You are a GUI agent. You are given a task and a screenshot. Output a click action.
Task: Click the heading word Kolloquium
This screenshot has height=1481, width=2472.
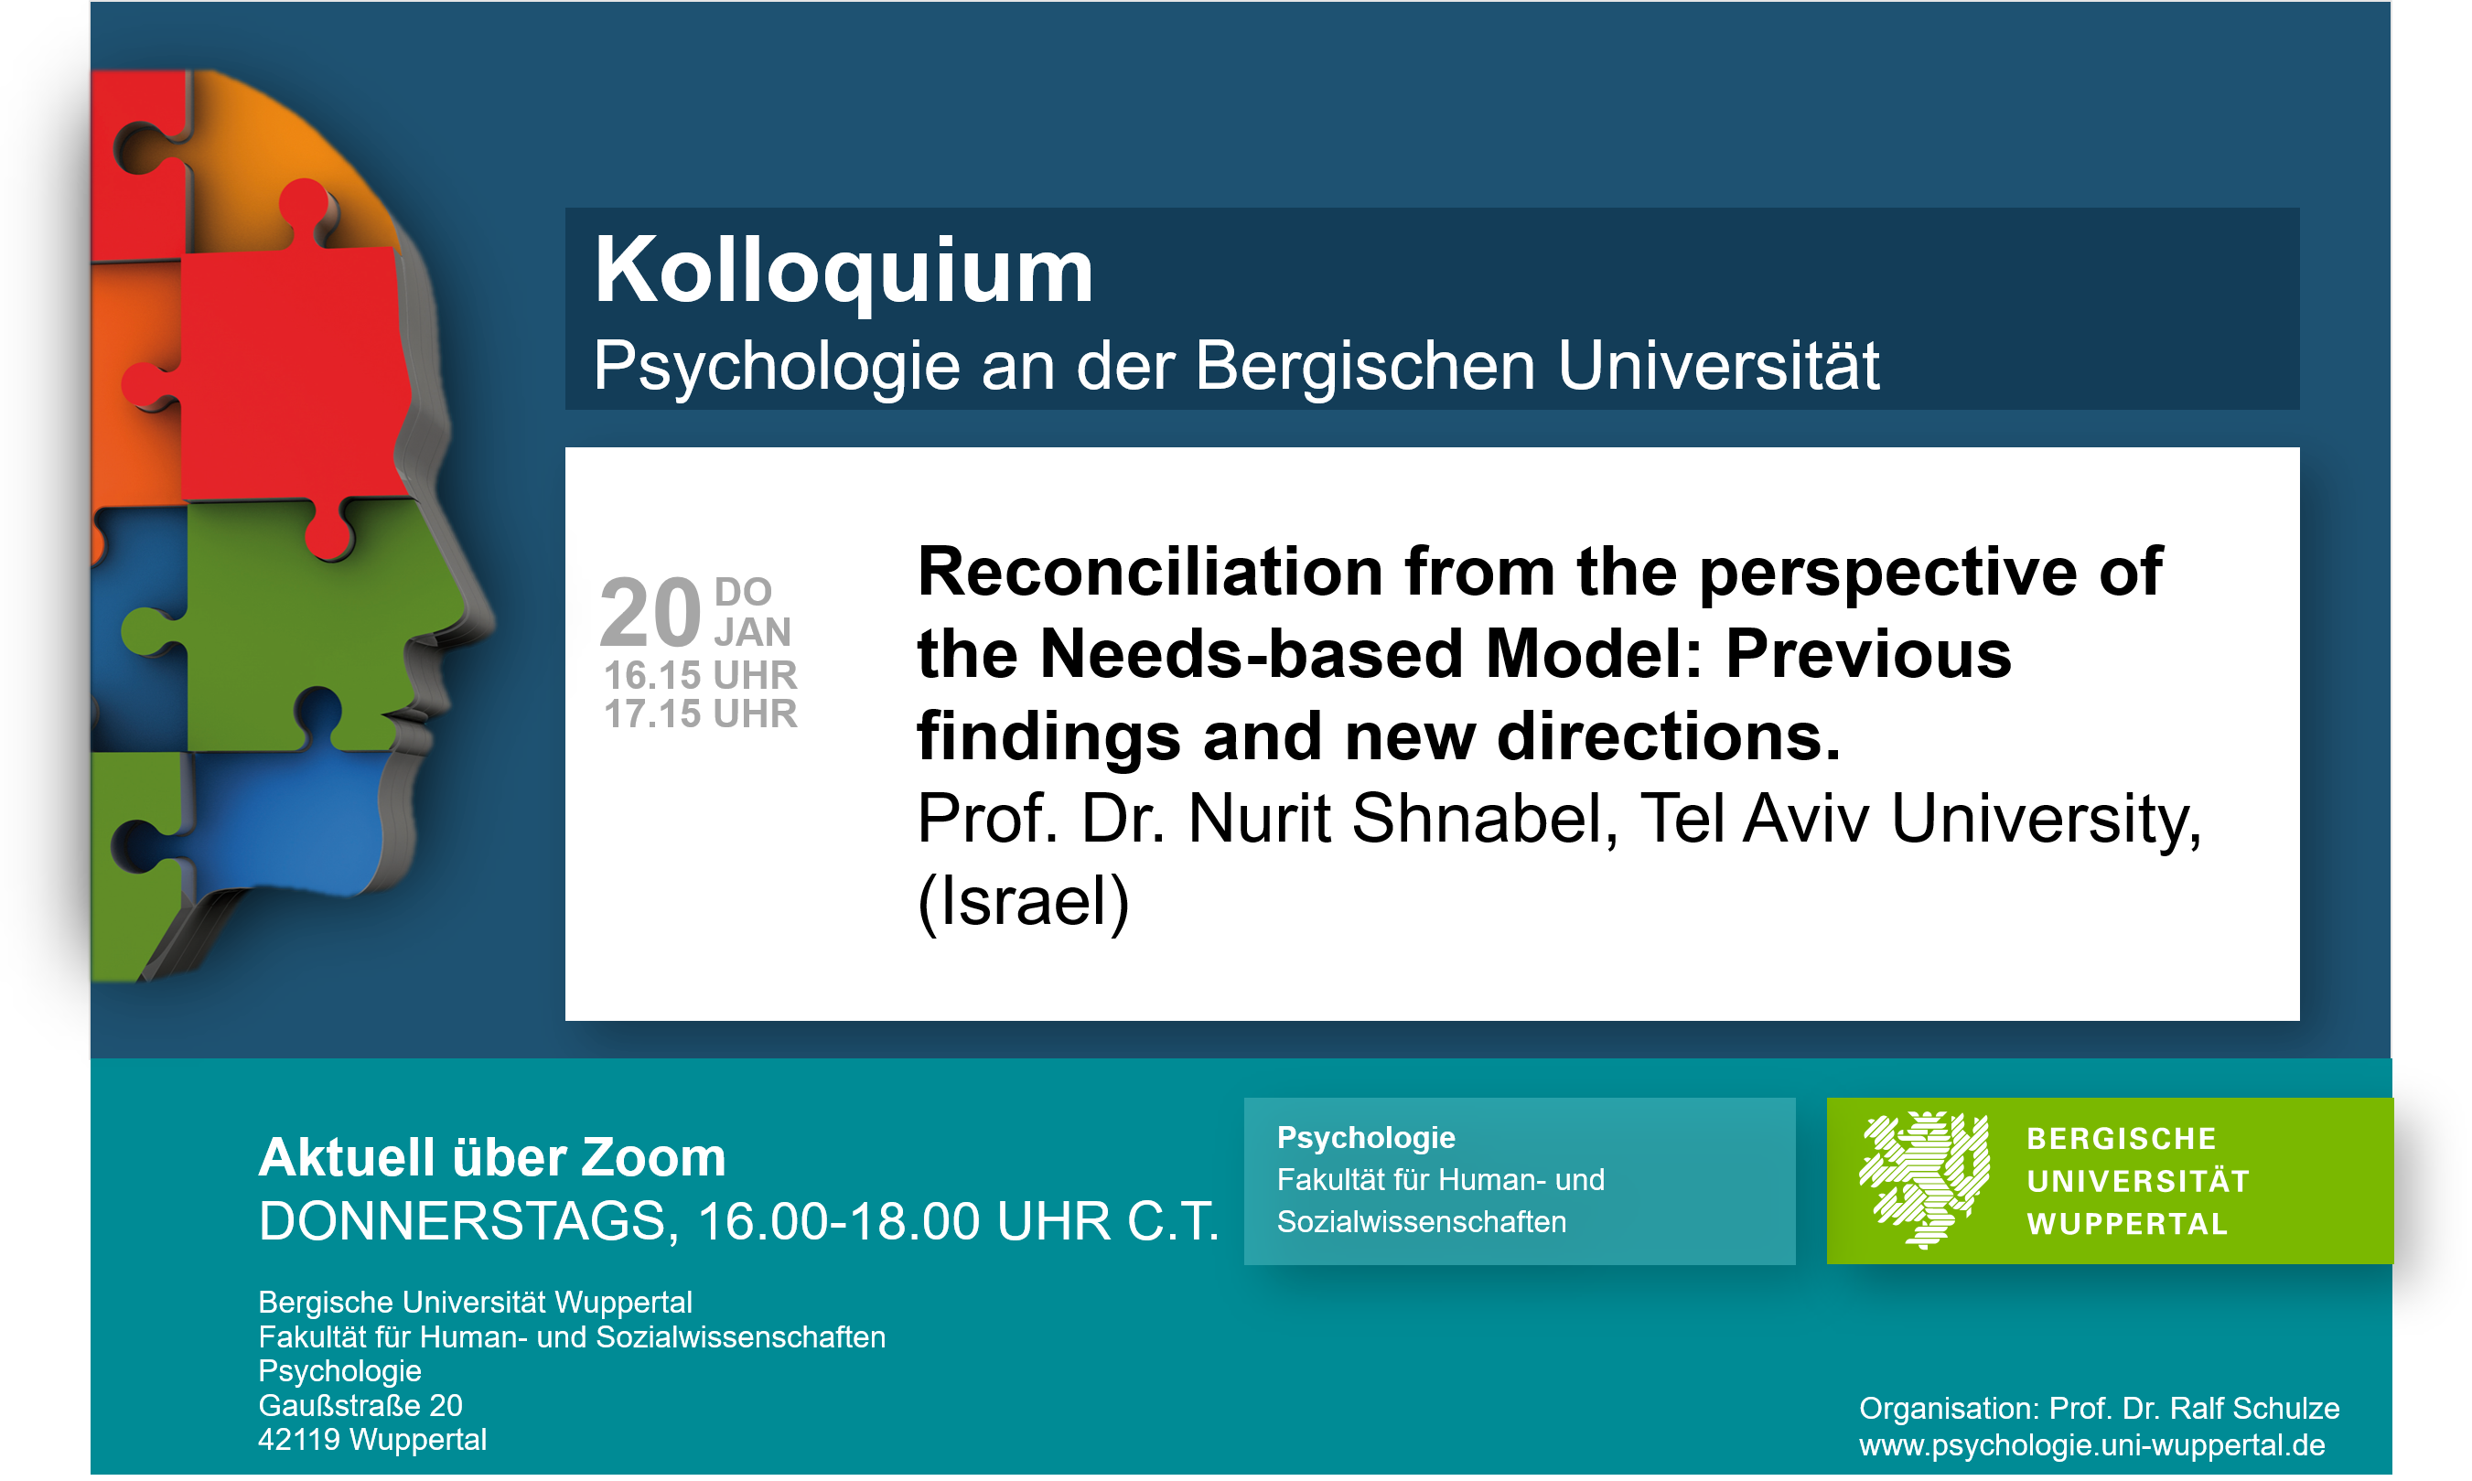click(844, 273)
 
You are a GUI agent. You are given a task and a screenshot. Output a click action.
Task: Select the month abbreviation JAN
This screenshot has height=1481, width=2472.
click(752, 632)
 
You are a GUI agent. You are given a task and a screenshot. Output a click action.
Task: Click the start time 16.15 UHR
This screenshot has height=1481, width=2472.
click(701, 676)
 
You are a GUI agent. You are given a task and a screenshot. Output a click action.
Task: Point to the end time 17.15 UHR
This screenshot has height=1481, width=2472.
click(701, 714)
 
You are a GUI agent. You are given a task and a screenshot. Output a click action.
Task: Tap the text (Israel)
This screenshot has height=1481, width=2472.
click(1023, 902)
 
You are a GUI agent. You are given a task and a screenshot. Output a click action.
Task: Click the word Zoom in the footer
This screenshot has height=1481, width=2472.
click(652, 1158)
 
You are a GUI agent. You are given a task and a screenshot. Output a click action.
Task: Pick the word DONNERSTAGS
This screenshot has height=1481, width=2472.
click(469, 1221)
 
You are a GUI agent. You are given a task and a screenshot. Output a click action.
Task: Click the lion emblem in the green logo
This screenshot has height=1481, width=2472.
click(1923, 1180)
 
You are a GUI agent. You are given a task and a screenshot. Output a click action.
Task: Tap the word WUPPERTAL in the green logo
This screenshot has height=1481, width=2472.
click(2127, 1225)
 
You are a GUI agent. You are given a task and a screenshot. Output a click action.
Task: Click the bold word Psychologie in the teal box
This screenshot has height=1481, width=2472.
click(1365, 1139)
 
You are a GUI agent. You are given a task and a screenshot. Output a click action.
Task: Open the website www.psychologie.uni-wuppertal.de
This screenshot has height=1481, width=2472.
click(2091, 1445)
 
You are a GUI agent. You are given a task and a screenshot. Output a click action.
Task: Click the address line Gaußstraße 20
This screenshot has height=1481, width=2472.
click(360, 1406)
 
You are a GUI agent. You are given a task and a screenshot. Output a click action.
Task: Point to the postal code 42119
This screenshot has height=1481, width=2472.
click(299, 1440)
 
